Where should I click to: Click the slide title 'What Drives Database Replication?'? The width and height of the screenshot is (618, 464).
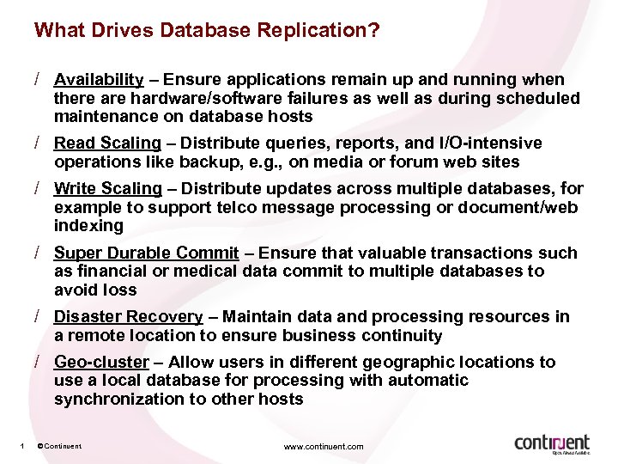pos(207,31)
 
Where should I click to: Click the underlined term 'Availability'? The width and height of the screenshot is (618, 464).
pos(99,80)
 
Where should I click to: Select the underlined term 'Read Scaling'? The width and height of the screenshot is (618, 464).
pos(107,143)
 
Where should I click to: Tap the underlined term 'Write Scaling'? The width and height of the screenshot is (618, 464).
pos(107,188)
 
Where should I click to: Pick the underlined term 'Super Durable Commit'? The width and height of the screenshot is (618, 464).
pos(146,253)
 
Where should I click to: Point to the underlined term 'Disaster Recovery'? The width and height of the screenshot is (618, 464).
pos(128,317)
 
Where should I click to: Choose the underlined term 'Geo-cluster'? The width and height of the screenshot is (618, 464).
pos(101,362)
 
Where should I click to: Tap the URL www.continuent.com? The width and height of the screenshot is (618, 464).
pos(324,447)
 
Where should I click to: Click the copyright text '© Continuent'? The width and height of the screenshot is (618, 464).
pos(60,447)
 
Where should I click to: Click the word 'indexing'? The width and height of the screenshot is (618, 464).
pos(88,226)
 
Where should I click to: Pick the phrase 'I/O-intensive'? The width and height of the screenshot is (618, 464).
pos(491,143)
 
